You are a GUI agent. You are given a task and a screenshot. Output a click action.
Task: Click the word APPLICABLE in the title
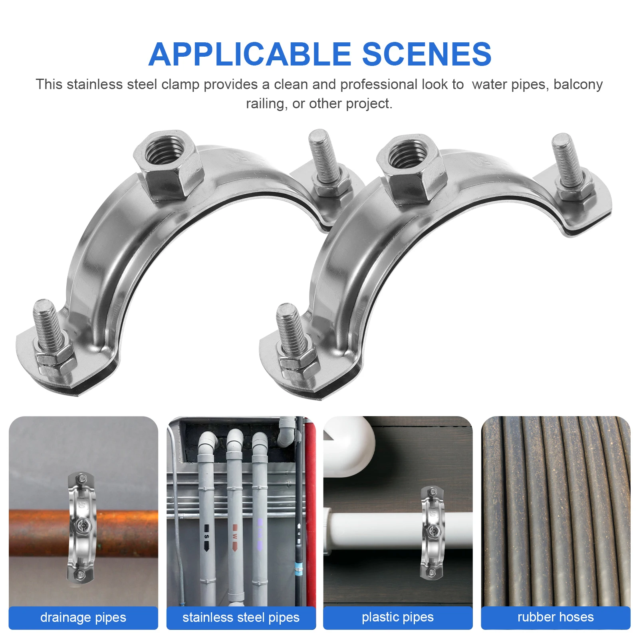250,54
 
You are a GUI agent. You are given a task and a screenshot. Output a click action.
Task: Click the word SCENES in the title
426,54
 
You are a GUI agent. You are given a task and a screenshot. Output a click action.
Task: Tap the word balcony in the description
578,84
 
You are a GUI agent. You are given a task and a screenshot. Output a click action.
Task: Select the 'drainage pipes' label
83,617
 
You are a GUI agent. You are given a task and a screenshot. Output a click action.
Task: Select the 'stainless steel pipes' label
241,617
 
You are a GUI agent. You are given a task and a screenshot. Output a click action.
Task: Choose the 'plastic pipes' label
397,617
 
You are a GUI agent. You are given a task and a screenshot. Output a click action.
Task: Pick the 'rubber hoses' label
555,617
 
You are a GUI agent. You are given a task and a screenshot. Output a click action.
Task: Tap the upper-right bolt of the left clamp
324,160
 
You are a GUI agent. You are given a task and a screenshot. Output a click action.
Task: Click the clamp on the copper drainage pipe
81,527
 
